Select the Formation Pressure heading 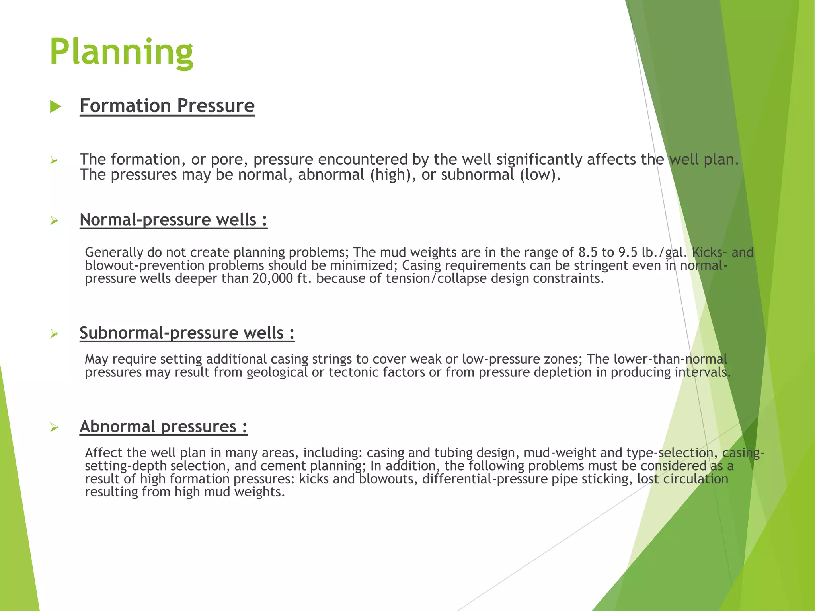167,106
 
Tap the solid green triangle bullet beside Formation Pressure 55,107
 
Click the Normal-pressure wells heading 174,220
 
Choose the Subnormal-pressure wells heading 187,333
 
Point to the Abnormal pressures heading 164,426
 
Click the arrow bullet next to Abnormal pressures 55,428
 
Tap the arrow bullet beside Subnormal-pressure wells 55,334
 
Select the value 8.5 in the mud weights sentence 588,252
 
